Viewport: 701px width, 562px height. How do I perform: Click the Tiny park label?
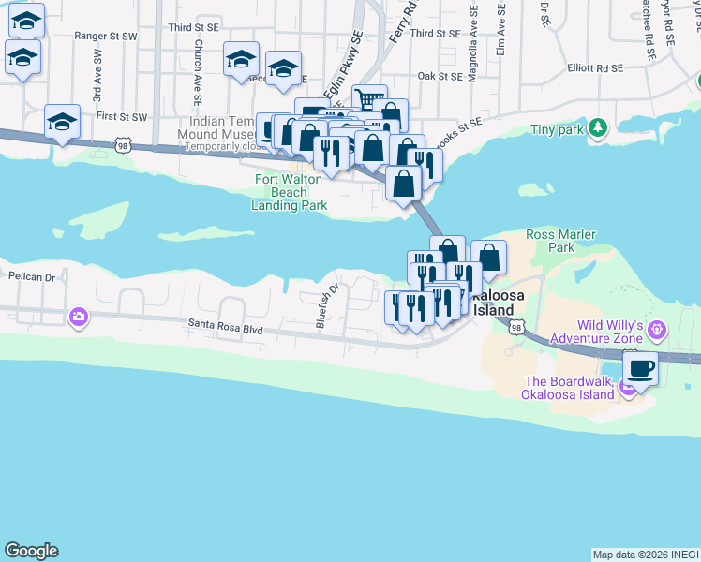(x=557, y=129)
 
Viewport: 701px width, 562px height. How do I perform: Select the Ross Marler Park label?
(x=562, y=241)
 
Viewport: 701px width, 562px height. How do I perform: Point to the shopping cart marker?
(x=369, y=99)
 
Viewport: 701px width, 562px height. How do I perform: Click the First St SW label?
(x=122, y=117)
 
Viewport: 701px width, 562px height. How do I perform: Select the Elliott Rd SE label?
(x=595, y=68)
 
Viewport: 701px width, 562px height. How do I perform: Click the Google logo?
(x=31, y=551)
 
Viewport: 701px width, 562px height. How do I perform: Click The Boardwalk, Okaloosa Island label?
(x=569, y=387)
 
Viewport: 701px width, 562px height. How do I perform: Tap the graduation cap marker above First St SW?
(x=62, y=122)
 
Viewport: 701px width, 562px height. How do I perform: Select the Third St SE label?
(x=435, y=33)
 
